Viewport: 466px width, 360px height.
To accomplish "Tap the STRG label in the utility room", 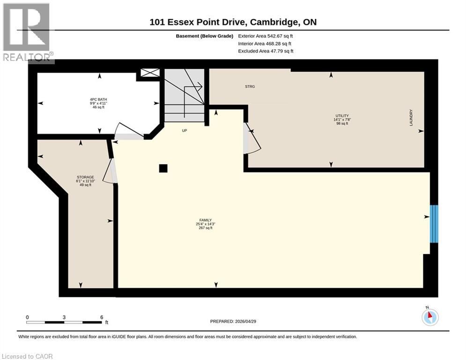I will [250, 87].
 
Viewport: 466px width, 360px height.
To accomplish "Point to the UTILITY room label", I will [341, 116].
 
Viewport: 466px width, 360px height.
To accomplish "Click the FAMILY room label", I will [205, 220].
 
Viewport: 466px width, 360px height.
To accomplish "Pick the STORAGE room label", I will [85, 177].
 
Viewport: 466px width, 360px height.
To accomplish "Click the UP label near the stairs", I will [185, 131].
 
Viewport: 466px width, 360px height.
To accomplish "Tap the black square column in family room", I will [163, 168].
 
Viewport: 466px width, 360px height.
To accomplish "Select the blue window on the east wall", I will [434, 224].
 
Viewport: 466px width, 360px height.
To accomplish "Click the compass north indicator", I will [429, 316].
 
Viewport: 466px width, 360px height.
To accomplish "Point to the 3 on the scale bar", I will [64, 317].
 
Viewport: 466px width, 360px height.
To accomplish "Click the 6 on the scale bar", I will [101, 317].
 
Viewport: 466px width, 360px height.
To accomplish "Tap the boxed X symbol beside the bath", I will [150, 73].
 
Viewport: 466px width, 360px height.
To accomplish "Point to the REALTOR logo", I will [27, 33].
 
